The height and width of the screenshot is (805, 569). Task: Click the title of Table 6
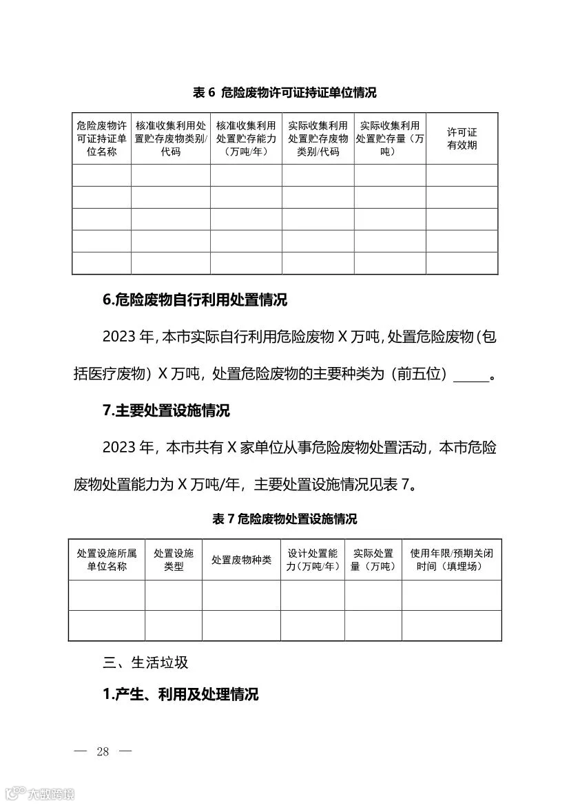click(284, 92)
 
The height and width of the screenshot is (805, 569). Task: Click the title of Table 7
click(284, 519)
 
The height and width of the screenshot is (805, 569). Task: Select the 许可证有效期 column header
click(462, 138)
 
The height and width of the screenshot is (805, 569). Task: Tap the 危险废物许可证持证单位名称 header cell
click(101, 138)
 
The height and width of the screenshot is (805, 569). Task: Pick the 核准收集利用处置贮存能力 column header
click(246, 138)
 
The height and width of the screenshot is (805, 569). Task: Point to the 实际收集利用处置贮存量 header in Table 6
click(390, 138)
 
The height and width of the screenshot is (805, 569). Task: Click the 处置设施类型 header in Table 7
click(174, 560)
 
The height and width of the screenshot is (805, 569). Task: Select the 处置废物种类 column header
click(241, 560)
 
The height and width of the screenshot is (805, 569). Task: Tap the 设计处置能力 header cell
click(313, 560)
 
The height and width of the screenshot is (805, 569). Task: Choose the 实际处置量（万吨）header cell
click(373, 560)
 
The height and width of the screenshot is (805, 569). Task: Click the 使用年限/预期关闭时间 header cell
click(452, 560)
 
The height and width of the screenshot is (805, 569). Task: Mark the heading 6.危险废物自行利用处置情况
click(195, 300)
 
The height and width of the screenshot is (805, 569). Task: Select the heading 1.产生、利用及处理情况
click(180, 694)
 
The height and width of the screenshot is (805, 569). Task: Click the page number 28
click(103, 751)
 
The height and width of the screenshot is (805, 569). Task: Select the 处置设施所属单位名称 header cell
click(107, 560)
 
